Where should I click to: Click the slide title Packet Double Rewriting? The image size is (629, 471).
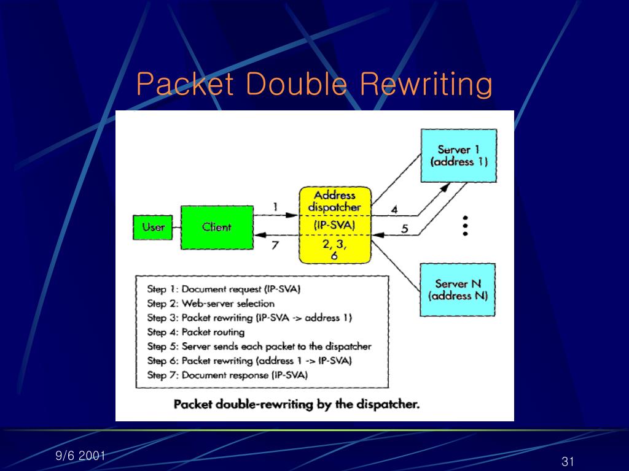tap(314, 84)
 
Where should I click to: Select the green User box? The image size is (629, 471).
tap(154, 227)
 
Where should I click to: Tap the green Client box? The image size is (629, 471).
tap(216, 227)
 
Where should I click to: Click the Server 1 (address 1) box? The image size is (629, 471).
tap(458, 156)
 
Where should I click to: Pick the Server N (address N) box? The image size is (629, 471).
tap(458, 289)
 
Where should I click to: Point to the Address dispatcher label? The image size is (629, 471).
tap(335, 201)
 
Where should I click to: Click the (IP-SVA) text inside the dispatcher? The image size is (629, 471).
tap(335, 225)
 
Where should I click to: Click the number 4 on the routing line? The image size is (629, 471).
tap(394, 209)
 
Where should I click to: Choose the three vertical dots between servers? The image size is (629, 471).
tap(466, 226)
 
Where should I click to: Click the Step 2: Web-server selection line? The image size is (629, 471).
tap(211, 303)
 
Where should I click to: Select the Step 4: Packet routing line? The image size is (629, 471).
tap(196, 332)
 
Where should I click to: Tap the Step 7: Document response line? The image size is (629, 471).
tap(227, 375)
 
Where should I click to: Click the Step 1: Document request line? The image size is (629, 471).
tap(224, 289)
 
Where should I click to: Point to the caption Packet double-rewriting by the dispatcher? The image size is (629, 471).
tap(297, 405)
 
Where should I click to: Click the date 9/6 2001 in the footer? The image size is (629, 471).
tap(80, 455)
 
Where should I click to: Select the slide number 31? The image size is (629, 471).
tap(567, 461)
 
